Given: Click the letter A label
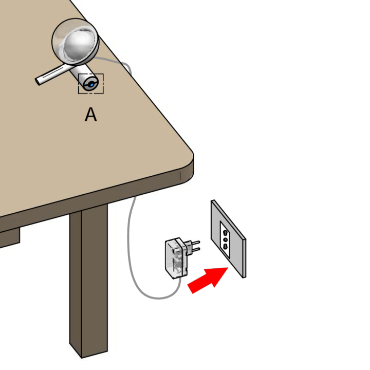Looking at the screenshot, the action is click(x=90, y=115).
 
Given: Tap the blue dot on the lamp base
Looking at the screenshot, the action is click(x=91, y=85).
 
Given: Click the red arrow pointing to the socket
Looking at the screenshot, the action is click(x=208, y=280).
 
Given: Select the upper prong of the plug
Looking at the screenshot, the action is click(x=195, y=243).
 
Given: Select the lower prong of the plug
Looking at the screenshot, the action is click(x=195, y=249).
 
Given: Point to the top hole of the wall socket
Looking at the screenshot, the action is click(x=225, y=233).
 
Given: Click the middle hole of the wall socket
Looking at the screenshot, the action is click(x=226, y=240).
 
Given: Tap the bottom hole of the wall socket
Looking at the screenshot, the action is click(x=225, y=247).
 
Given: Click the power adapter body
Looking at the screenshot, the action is click(x=176, y=258).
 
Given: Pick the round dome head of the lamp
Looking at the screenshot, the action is click(x=75, y=42).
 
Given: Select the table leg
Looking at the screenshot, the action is click(x=89, y=281).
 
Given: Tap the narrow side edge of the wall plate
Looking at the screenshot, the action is click(x=245, y=258).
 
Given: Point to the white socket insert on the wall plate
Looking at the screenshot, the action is click(x=225, y=239).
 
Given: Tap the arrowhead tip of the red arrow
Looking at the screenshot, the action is click(x=228, y=268).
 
